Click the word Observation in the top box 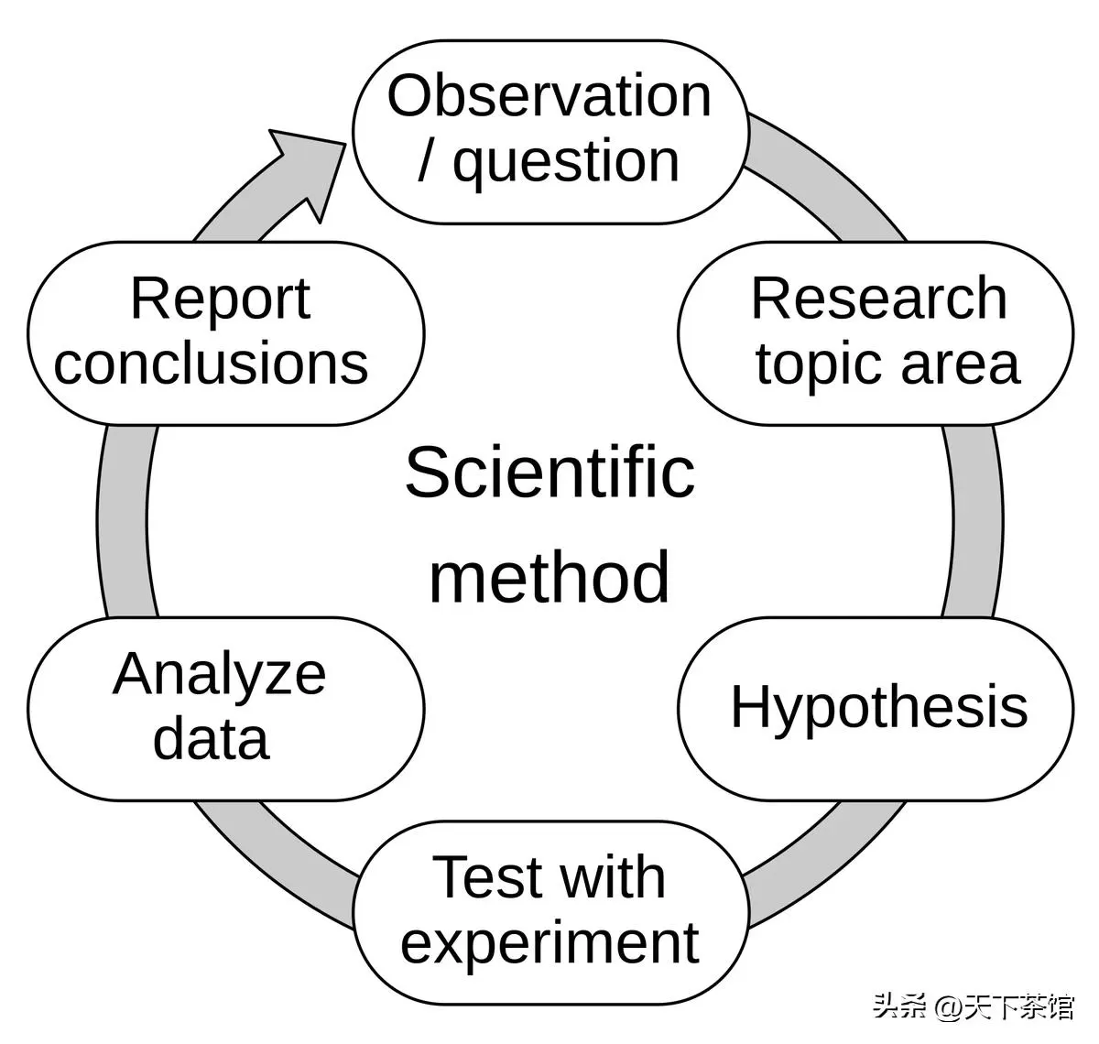[x=549, y=96]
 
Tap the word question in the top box [x=566, y=163]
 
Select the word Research [x=879, y=299]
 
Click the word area [x=961, y=365]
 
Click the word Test [x=486, y=877]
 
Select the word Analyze [x=219, y=679]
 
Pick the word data [x=212, y=739]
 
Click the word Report [x=220, y=301]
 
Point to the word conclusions [x=212, y=364]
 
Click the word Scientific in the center [x=550, y=473]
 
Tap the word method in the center [x=549, y=577]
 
